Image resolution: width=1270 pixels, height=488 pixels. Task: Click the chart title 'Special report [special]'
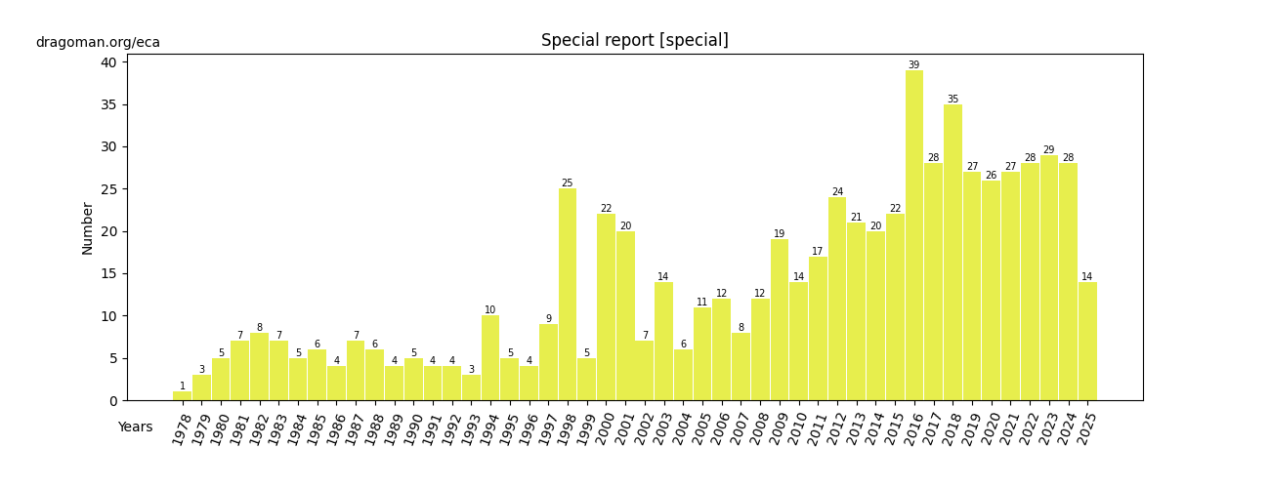pyautogui.click(x=635, y=41)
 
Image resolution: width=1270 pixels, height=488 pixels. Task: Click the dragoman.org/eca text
pyautogui.click(x=98, y=43)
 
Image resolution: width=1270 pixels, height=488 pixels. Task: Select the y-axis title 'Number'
pyautogui.click(x=88, y=228)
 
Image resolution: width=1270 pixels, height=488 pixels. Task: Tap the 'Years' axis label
pyautogui.click(x=135, y=427)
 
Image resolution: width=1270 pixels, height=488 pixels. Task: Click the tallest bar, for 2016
pyautogui.click(x=914, y=235)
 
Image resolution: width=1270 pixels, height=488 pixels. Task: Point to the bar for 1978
pyautogui.click(x=182, y=396)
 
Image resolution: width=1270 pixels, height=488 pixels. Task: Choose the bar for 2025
pyautogui.click(x=1087, y=341)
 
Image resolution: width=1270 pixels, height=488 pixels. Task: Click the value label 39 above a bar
pyautogui.click(x=914, y=65)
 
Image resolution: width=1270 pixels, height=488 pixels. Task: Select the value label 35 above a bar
pyautogui.click(x=952, y=100)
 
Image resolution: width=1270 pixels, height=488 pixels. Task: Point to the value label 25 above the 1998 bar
pyautogui.click(x=568, y=183)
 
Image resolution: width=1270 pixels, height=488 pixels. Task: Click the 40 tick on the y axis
pyautogui.click(x=107, y=62)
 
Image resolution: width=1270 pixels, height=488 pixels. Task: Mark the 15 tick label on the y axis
pyautogui.click(x=107, y=274)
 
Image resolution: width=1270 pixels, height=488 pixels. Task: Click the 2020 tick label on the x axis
pyautogui.click(x=985, y=430)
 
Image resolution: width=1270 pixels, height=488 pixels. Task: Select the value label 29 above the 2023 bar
pyautogui.click(x=1049, y=150)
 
